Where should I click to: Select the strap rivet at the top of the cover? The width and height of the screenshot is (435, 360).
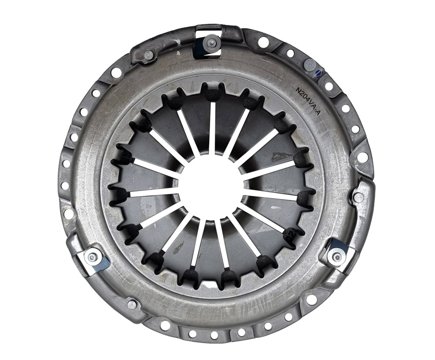pyautogui.click(x=210, y=43)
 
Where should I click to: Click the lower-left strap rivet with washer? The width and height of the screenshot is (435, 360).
pyautogui.click(x=90, y=258)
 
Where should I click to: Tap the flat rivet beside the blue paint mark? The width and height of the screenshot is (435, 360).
pyautogui.click(x=309, y=65)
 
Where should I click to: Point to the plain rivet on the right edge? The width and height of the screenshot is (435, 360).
pyautogui.click(x=359, y=198)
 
